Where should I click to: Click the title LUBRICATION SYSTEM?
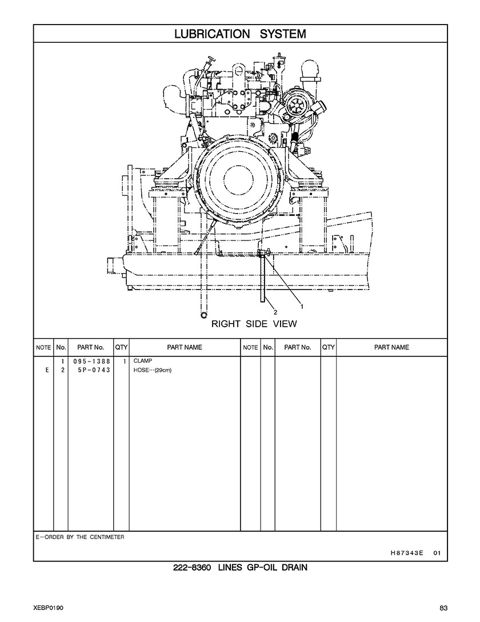coord(240,34)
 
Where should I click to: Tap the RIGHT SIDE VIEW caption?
coord(254,324)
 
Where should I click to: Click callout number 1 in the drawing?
coord(302,306)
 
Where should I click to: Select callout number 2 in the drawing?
coord(275,312)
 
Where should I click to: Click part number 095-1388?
coord(91,362)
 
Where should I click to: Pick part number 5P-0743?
coord(91,370)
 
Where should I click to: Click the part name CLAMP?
coord(143,362)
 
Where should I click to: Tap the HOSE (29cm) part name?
coord(152,370)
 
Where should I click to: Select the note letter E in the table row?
coord(46,370)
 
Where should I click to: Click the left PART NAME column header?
coord(185,347)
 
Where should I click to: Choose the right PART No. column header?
coord(298,347)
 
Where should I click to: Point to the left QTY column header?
coord(121,347)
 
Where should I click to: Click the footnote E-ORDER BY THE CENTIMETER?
coord(80,537)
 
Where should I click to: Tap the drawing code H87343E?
coord(406,552)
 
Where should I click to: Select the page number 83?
coord(443,607)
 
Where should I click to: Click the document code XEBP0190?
coord(48,607)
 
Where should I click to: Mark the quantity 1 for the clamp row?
coord(124,362)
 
